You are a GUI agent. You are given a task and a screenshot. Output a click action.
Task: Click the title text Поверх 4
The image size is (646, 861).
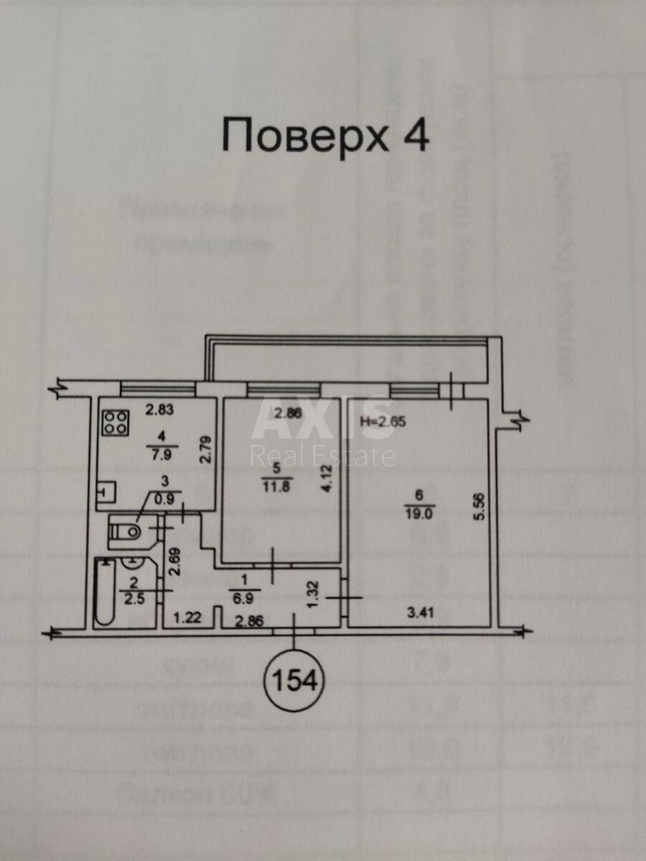pos(325,135)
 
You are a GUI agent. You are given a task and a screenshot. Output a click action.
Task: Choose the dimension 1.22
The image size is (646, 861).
pos(187,616)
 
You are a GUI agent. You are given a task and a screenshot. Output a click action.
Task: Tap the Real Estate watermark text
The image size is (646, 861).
pos(322,456)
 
